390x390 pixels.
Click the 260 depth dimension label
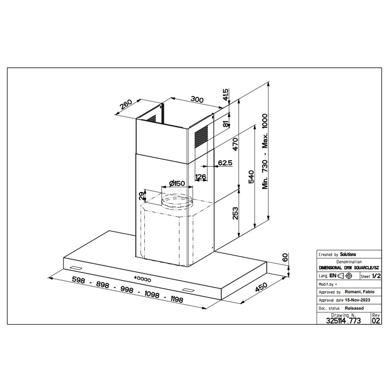coord(126,105)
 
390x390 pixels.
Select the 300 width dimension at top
coord(197,99)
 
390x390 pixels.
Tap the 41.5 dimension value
coord(225,95)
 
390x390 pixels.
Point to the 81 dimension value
coord(225,124)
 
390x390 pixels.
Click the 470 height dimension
coord(235,144)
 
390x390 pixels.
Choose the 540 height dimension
coord(252,176)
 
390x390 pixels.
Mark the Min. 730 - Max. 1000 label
coord(265,151)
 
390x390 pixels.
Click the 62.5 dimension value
coord(225,163)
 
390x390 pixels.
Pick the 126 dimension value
coord(200,177)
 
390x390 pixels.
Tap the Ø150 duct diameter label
coord(177,184)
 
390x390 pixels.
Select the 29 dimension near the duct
coord(141,196)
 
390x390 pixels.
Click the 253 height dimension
coord(235,214)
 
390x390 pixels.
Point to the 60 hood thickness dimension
coord(285,257)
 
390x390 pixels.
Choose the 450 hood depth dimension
coord(261,287)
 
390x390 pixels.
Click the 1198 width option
coord(177,299)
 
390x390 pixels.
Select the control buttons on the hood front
coord(142,278)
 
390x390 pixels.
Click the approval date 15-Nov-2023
coord(357,300)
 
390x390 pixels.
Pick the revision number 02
coord(376,321)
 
